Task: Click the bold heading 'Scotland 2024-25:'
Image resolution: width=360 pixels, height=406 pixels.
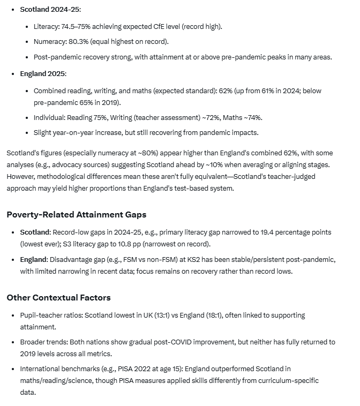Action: (51, 10)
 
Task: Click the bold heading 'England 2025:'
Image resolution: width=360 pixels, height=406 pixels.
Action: (43, 74)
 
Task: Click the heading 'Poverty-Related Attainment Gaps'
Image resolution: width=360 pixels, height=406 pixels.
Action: (76, 214)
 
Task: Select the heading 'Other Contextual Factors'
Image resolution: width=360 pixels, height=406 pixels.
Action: (58, 297)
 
